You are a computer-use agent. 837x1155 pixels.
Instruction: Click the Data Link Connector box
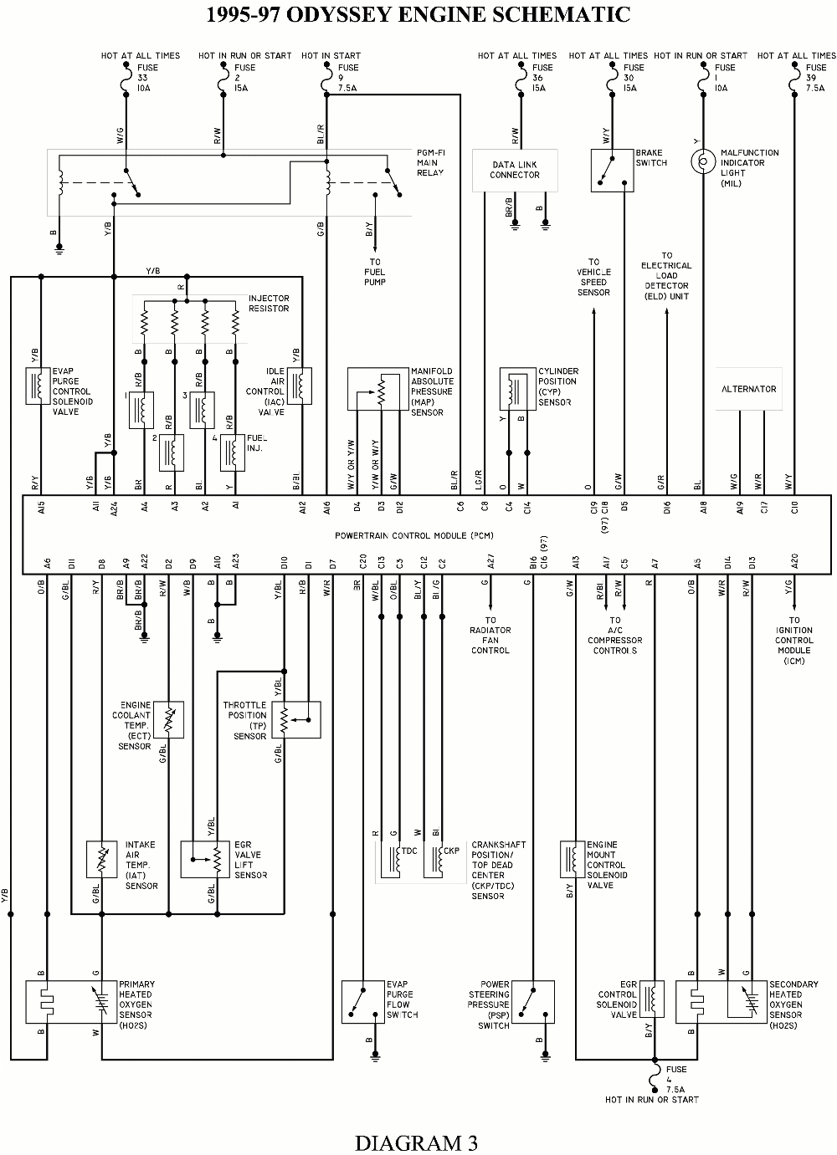515,170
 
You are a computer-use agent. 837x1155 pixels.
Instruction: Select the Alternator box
748,389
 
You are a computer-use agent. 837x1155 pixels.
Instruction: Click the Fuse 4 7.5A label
676,1079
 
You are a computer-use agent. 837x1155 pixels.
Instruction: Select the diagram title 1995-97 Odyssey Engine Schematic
418,14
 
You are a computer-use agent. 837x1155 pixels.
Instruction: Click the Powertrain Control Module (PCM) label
413,534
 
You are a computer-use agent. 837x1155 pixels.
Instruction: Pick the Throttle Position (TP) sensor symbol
296,719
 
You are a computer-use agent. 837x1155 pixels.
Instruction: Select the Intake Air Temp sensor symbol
102,859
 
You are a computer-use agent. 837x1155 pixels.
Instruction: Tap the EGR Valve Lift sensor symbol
205,859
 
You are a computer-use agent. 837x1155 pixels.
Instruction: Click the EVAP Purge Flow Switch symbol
362,1001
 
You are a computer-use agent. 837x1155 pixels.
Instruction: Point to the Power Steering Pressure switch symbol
532,1001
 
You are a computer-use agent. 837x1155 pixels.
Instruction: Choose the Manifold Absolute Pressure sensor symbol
377,389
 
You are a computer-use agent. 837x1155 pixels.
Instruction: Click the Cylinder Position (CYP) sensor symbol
517,389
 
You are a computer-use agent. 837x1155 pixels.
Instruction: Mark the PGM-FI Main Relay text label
431,162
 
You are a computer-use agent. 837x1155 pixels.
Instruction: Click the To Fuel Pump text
374,272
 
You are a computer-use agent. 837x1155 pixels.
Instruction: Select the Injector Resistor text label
269,304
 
